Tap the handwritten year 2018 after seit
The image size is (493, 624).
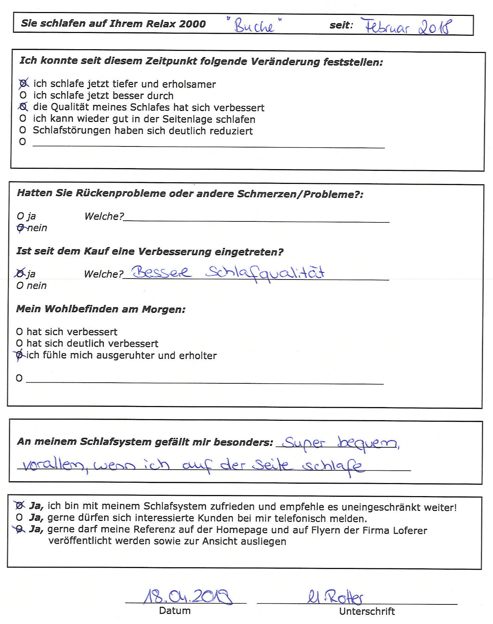[x=435, y=27]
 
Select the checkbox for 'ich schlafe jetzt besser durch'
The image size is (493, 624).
[x=23, y=95]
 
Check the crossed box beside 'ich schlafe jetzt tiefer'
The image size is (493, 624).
[x=23, y=84]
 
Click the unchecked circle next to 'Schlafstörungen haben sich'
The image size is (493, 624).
[x=23, y=130]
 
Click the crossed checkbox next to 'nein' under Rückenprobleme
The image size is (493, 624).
[x=21, y=228]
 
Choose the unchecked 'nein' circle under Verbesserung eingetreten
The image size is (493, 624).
[x=20, y=285]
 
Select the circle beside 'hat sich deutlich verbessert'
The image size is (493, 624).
[x=20, y=343]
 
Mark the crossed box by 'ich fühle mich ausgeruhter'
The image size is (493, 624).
[x=20, y=355]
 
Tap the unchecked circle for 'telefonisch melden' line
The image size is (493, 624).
[x=19, y=517]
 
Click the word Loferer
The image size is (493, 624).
[x=410, y=530]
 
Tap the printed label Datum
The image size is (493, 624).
[x=175, y=611]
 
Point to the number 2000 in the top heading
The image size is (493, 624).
[x=193, y=24]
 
